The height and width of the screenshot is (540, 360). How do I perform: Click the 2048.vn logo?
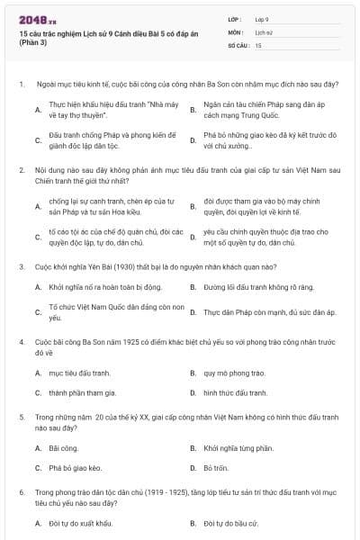38,19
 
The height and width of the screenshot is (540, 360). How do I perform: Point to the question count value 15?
258,44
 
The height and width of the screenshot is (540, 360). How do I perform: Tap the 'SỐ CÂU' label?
237,44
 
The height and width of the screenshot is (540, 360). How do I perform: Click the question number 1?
21,84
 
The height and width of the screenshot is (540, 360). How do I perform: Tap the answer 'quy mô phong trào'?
233,371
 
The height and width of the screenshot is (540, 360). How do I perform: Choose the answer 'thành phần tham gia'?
83,392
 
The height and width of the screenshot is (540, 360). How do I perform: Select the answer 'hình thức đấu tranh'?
235,392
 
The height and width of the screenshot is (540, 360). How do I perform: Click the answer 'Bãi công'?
63,446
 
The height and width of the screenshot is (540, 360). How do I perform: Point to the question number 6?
21,492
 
